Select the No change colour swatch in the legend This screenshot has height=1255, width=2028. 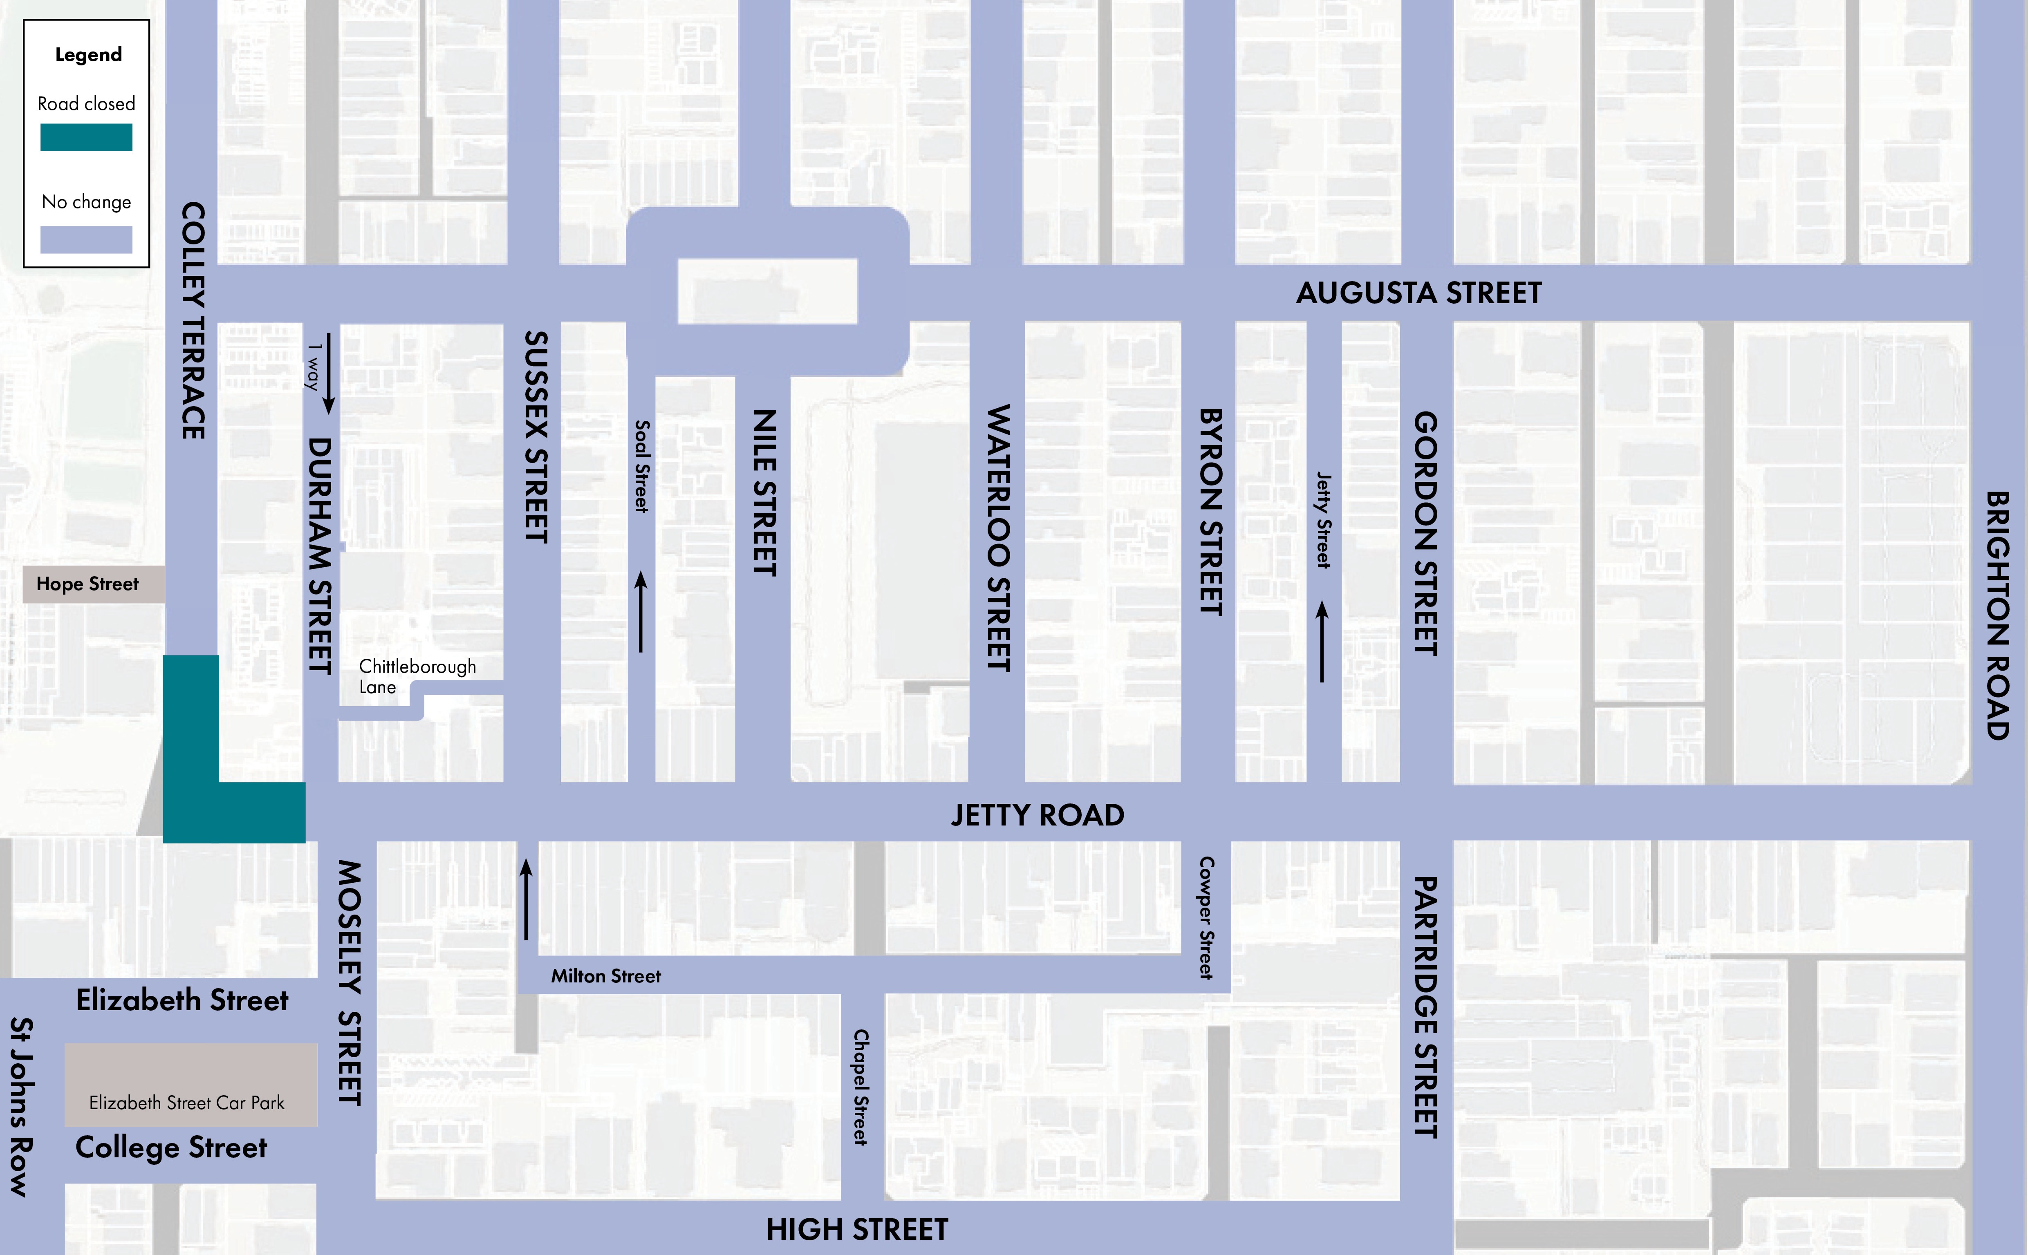[x=86, y=240]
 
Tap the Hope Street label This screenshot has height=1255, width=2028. [x=87, y=584]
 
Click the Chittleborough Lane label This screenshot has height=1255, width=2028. [x=417, y=676]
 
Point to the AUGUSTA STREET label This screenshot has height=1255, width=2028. [x=1418, y=293]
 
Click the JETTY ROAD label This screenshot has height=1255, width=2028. [x=1037, y=815]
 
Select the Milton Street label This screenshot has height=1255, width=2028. [x=606, y=976]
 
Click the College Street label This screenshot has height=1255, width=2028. [x=171, y=1148]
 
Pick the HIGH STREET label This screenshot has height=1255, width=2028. [x=857, y=1229]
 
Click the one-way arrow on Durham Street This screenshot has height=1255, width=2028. [x=329, y=374]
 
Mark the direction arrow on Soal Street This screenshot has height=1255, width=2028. [x=641, y=612]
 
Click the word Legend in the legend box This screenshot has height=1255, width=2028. [x=88, y=55]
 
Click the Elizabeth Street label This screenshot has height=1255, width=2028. [x=182, y=1000]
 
